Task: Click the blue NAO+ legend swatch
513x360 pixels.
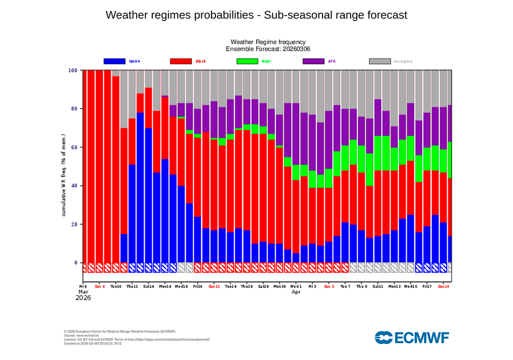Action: [x=114, y=61]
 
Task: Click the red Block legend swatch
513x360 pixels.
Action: [x=181, y=61]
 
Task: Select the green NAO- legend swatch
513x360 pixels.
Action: [x=247, y=61]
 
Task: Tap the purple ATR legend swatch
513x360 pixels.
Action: [x=314, y=61]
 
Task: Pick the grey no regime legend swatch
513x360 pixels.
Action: [x=380, y=61]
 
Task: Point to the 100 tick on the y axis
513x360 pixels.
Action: [x=73, y=70]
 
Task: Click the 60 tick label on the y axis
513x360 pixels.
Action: [x=74, y=147]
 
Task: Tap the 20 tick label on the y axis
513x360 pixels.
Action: [x=74, y=224]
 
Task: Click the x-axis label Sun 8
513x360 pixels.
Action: [x=100, y=286]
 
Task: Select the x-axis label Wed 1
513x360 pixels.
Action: [x=296, y=286]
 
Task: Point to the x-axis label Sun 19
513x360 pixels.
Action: [x=443, y=286]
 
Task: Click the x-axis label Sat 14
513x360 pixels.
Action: [x=148, y=286]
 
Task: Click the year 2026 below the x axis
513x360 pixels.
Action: [x=84, y=297]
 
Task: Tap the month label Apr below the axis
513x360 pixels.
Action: [x=296, y=291]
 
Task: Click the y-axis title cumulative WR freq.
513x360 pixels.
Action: [x=64, y=175]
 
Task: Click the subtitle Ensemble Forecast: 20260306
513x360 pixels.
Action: [x=268, y=49]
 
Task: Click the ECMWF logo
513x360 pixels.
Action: [x=412, y=337]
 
